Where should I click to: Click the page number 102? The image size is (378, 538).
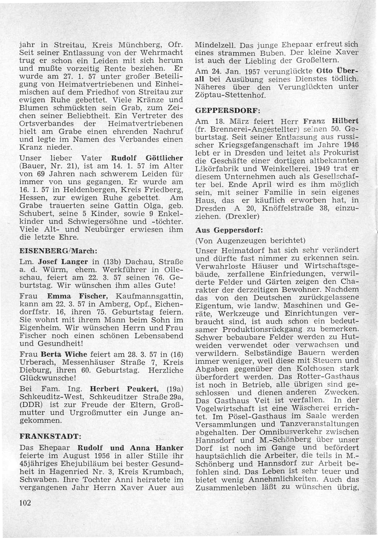click(x=25, y=503)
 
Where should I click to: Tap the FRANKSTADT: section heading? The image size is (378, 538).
click(x=50, y=437)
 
